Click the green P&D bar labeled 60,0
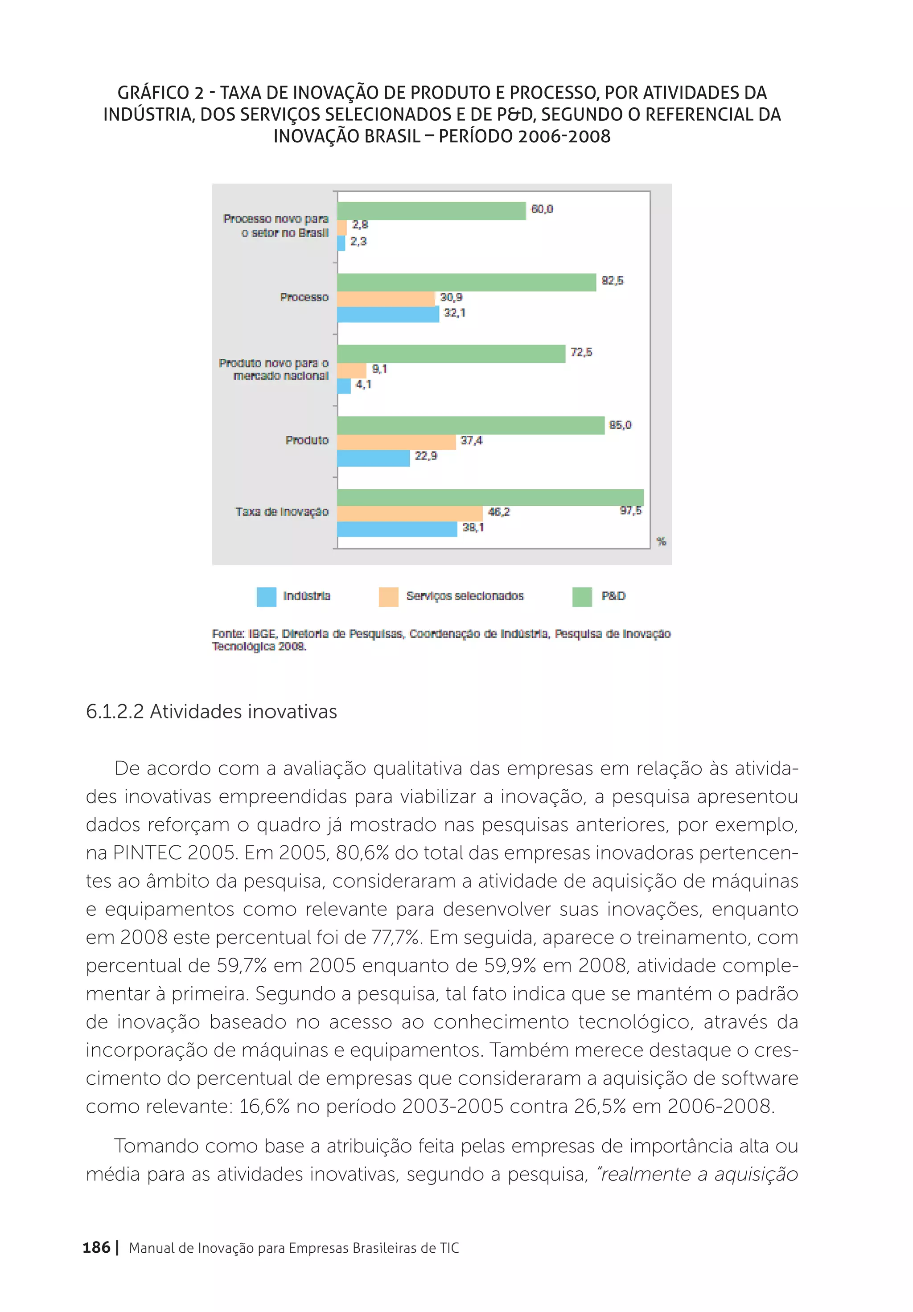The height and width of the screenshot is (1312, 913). click(x=431, y=211)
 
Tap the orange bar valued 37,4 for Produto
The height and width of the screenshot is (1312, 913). click(x=396, y=442)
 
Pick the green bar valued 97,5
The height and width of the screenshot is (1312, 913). click(x=490, y=497)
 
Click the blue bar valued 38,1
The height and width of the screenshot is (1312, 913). click(x=397, y=529)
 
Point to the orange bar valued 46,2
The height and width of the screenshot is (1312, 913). click(x=409, y=513)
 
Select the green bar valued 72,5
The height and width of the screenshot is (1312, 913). click(x=451, y=354)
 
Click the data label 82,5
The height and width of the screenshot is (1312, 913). click(x=612, y=281)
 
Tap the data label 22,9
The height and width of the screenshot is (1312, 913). click(x=426, y=456)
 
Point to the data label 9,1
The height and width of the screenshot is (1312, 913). click(x=380, y=369)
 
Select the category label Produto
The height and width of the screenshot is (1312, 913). click(x=307, y=440)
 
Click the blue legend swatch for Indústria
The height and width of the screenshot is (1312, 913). click(x=267, y=597)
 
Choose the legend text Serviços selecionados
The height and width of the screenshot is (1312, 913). click(x=465, y=596)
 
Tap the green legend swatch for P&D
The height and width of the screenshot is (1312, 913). click(x=582, y=597)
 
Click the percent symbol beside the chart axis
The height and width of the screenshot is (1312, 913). click(x=662, y=541)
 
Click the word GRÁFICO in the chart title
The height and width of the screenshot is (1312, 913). click(x=152, y=93)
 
